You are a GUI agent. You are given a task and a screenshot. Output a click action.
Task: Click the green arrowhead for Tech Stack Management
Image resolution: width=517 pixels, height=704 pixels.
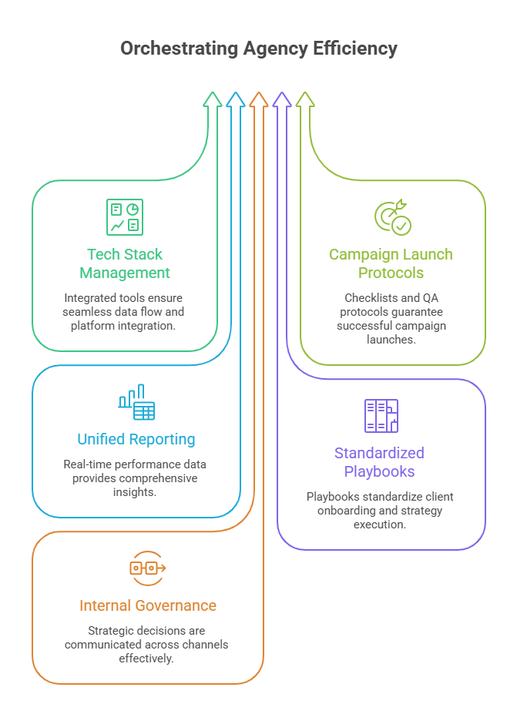[213, 99]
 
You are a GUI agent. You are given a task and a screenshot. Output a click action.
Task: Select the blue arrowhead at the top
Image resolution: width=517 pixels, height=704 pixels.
[236, 99]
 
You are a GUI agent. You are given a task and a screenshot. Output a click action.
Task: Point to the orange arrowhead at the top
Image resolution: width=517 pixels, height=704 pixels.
[259, 99]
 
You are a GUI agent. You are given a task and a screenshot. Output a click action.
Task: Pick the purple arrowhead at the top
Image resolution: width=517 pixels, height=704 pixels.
[282, 99]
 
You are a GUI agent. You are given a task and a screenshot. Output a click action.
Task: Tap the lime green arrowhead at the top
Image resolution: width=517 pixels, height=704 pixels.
[305, 99]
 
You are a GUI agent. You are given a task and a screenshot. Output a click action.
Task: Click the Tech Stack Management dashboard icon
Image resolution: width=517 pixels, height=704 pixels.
[125, 217]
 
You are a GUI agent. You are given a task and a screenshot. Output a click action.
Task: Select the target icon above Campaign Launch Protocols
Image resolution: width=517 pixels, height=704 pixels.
[393, 217]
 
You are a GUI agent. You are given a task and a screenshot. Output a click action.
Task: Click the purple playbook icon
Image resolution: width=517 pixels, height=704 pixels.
[381, 416]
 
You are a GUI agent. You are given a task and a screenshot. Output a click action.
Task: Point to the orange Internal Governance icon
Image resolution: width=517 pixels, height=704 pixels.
[148, 568]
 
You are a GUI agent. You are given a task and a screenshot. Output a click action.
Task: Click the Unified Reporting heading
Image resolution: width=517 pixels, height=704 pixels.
[136, 440]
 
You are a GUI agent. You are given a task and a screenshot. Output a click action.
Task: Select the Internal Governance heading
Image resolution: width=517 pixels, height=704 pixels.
[148, 605]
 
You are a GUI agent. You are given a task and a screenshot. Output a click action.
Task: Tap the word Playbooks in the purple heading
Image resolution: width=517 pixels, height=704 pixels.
[379, 471]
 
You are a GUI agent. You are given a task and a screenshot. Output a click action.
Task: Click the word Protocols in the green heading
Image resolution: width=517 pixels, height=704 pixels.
[391, 273]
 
